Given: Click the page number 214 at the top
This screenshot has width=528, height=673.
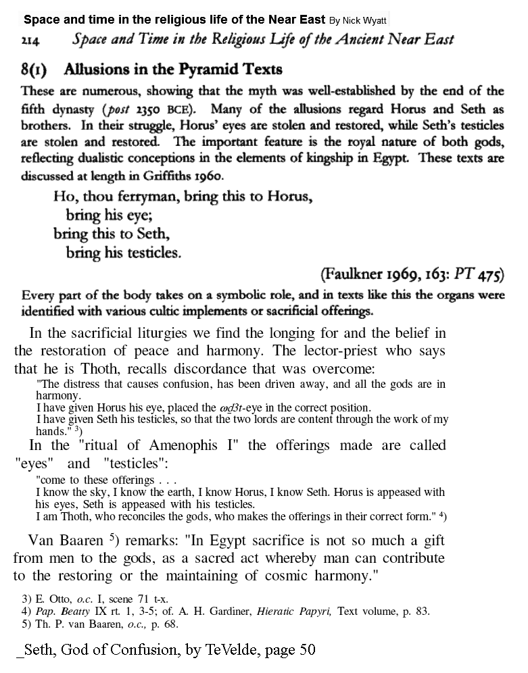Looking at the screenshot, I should pyautogui.click(x=30, y=41).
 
